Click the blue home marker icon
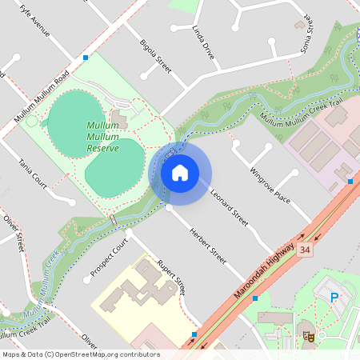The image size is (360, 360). [x=180, y=172]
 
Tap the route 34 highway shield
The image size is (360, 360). [x=304, y=250]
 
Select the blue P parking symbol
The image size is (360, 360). [x=334, y=298]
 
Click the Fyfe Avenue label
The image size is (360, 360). [x=35, y=20]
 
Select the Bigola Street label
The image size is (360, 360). [x=155, y=54]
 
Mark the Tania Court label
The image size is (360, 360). [x=33, y=174]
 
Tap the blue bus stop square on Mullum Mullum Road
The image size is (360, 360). [x=86, y=58]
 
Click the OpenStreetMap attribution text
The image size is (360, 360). [x=81, y=354]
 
